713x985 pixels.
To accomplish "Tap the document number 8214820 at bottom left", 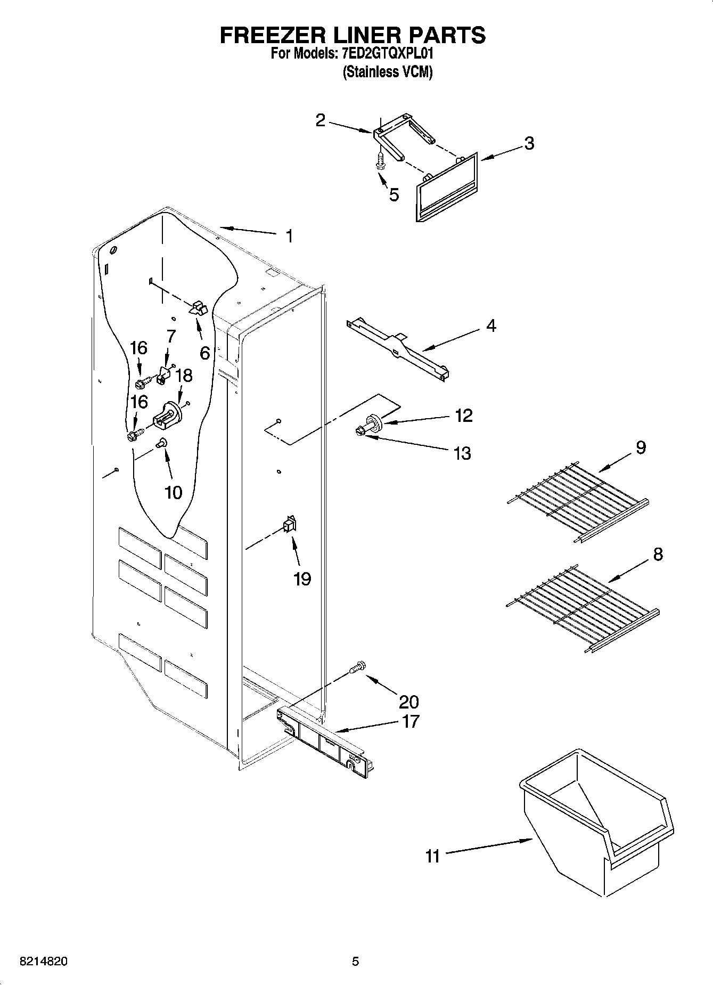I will coord(43,962).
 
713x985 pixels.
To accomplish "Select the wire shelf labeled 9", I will coord(577,501).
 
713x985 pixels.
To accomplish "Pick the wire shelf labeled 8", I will coord(580,607).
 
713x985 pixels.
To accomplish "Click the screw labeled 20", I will coord(357,666).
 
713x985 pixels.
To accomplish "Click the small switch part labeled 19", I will coord(290,525).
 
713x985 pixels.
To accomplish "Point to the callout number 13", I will coord(462,453).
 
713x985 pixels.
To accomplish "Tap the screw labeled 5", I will coord(380,160).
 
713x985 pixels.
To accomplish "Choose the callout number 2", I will coord(320,120).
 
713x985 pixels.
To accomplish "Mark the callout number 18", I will coord(183,376).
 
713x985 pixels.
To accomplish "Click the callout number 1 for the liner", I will coord(289,236).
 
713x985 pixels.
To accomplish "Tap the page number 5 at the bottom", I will coord(356,962).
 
